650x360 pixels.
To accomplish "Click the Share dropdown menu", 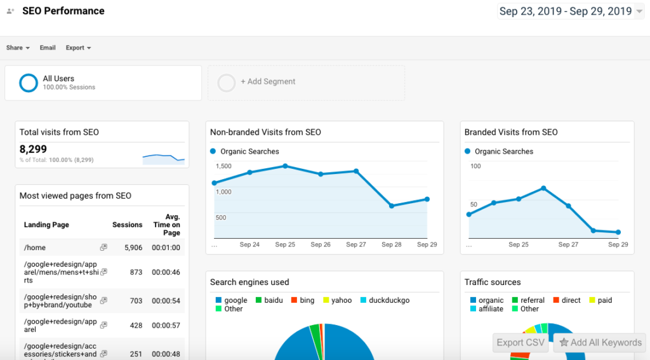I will pos(18,48).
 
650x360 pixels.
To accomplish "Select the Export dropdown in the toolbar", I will pos(78,48).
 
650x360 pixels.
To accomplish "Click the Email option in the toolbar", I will pos(48,48).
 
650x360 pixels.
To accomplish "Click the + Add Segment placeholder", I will pos(267,82).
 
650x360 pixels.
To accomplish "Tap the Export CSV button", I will pos(521,342).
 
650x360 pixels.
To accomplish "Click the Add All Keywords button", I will pos(600,342).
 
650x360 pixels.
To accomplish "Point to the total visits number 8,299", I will pos(34,150).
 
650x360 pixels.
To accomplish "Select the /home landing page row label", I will pos(35,248).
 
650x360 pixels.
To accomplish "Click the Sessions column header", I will pos(127,225).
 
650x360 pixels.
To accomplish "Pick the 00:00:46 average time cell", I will pos(166,272).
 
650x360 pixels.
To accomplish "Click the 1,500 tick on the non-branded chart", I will pos(223,166).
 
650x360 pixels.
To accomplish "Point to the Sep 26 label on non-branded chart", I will pos(321,244).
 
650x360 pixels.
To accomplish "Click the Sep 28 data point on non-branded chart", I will pos(392,206).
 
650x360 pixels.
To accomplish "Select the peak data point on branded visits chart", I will pos(543,188).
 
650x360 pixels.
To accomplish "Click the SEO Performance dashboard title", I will pos(63,11).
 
